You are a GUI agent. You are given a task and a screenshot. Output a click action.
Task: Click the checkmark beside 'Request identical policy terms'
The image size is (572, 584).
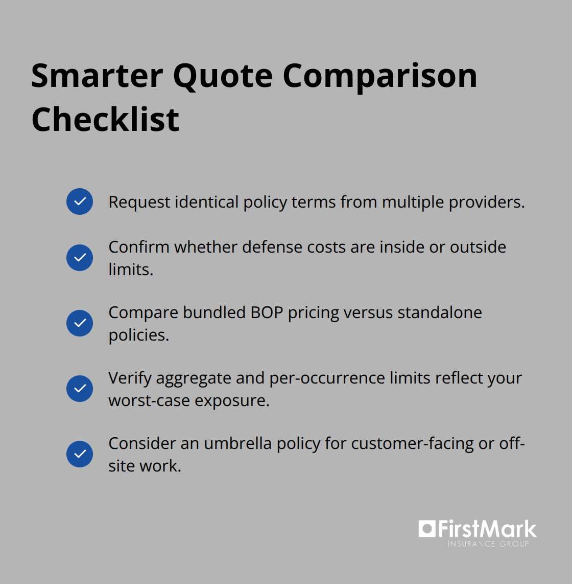(x=80, y=201)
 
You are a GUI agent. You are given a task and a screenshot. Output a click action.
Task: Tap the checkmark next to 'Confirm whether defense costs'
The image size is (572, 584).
(x=80, y=257)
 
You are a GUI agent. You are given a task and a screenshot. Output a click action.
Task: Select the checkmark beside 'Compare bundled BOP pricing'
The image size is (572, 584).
(x=80, y=323)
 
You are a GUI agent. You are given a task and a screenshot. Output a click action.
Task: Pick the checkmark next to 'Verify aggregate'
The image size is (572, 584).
(x=80, y=389)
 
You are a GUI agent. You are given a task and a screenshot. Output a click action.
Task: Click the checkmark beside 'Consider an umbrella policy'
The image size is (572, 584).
(x=80, y=454)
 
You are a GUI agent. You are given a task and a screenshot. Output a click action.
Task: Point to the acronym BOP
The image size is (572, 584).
(x=267, y=312)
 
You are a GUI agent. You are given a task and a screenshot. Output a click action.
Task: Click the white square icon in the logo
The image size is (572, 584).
(x=426, y=528)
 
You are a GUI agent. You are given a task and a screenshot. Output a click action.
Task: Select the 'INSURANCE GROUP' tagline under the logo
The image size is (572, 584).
(x=488, y=544)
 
